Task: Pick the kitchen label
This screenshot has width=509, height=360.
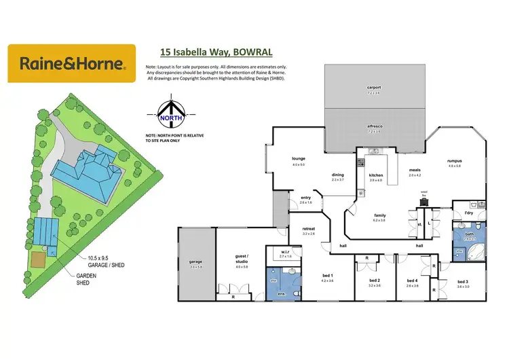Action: (376, 175)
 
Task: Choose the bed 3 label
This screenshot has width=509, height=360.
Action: (463, 281)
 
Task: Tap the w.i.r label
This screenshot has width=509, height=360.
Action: (285, 253)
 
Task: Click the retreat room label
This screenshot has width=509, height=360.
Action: (309, 230)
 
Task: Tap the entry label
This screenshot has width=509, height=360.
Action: (305, 199)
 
